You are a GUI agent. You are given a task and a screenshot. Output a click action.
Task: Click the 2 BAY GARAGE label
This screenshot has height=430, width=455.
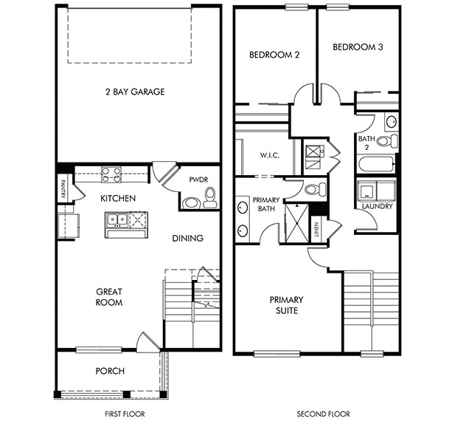(135, 92)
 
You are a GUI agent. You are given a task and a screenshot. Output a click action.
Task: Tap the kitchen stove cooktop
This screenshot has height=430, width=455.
(111, 174)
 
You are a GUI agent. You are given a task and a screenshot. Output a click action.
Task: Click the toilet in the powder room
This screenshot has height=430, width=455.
(210, 197)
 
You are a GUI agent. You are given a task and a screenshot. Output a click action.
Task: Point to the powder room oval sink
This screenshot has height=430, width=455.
(191, 202)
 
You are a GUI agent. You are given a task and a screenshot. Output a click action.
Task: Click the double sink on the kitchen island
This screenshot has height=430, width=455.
(117, 219)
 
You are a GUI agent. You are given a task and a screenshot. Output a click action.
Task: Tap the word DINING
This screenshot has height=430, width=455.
(188, 239)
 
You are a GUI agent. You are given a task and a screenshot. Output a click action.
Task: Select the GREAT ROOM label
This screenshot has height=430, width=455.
(109, 297)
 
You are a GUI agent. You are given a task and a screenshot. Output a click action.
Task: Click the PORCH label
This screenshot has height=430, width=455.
(111, 371)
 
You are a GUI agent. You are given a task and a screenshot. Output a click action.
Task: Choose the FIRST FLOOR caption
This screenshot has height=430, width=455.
(125, 414)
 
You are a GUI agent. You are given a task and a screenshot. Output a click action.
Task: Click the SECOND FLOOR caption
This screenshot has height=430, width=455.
(323, 414)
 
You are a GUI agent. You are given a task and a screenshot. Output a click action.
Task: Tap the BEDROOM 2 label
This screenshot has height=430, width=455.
(274, 55)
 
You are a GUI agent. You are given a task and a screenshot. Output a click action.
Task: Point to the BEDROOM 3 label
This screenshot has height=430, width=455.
(358, 47)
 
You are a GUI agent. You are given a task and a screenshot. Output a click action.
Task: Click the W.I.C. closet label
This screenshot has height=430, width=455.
(270, 155)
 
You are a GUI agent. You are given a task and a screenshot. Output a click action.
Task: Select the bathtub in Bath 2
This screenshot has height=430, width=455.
(377, 164)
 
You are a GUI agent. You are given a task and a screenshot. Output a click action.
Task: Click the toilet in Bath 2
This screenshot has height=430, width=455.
(387, 141)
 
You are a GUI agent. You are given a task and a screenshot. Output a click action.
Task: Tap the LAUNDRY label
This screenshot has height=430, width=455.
(378, 206)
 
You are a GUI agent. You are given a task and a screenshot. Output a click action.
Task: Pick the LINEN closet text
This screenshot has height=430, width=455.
(316, 229)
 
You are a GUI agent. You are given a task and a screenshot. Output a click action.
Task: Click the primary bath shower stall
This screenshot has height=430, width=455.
(296, 223)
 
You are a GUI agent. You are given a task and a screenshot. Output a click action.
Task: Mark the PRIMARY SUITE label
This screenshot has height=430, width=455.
(287, 305)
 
